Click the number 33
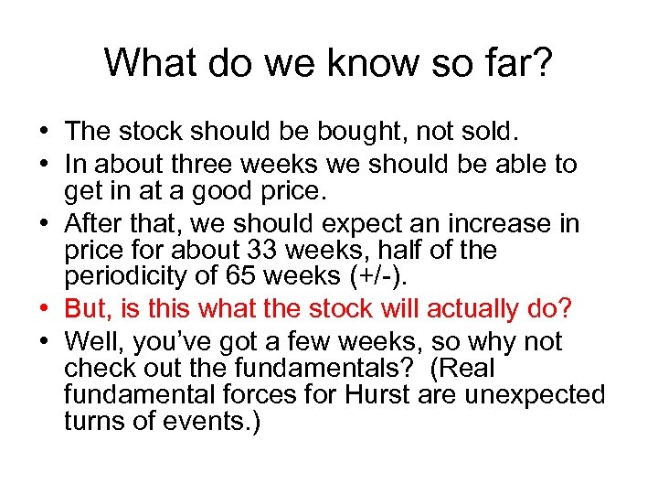click(261, 250)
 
